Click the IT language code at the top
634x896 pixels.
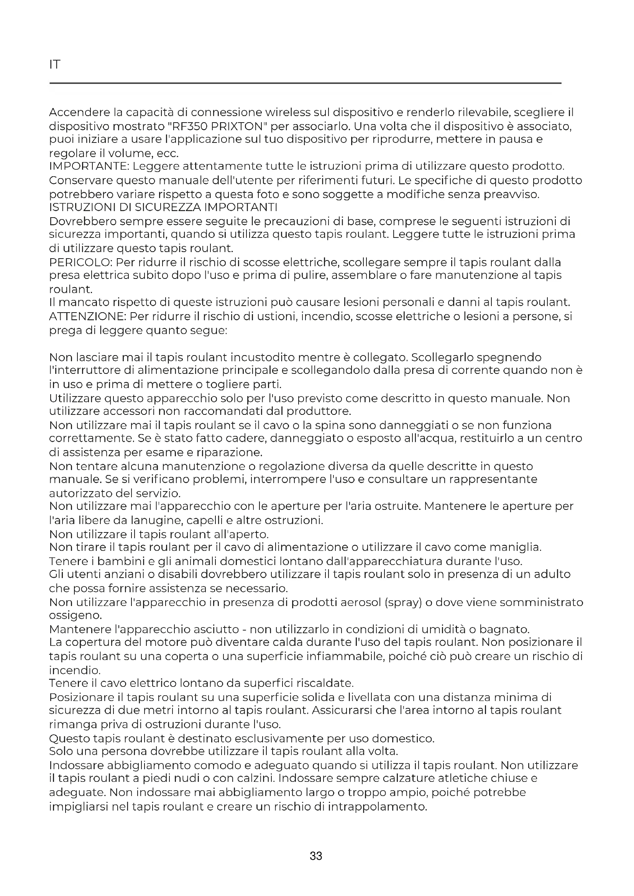(55, 64)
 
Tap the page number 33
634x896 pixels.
(316, 856)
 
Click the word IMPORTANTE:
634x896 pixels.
(89, 166)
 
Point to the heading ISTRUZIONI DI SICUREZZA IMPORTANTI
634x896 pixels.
(163, 207)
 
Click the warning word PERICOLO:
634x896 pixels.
(81, 262)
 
